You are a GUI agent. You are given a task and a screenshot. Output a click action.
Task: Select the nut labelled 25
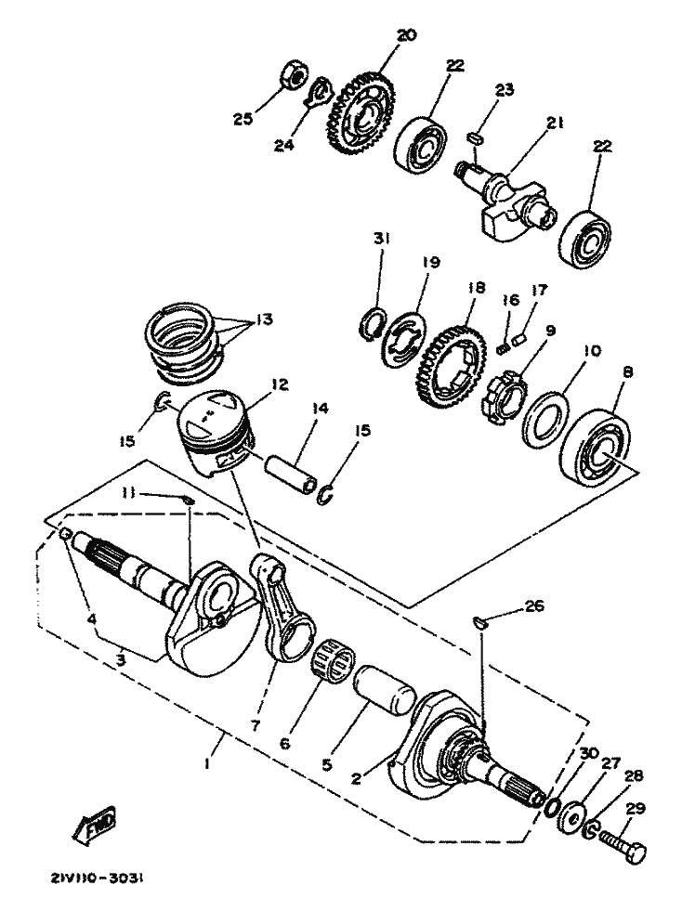pyautogui.click(x=290, y=77)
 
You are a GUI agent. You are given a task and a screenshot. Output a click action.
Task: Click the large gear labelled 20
pyautogui.click(x=360, y=116)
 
